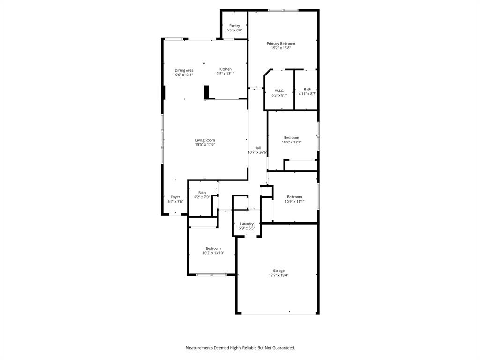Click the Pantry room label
[x=234, y=26]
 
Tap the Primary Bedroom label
[x=281, y=43]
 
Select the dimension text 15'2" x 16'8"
[x=281, y=48]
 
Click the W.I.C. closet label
[x=279, y=90]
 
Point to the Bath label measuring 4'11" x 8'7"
[x=307, y=89]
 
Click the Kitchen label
[x=225, y=69]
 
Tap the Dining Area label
[x=184, y=70]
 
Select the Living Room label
[x=205, y=140]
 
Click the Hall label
[x=257, y=148]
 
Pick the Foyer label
[x=175, y=197]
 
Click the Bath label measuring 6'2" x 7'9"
[x=202, y=192]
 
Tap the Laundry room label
[x=247, y=224]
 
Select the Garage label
[x=278, y=270]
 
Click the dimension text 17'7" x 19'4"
[x=278, y=275]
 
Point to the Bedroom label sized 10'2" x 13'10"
[x=213, y=248]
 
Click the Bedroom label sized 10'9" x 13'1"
[x=292, y=137]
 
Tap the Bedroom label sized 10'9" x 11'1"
[x=294, y=197]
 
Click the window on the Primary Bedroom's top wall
[x=283, y=10]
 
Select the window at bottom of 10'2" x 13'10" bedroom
[x=211, y=274]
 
